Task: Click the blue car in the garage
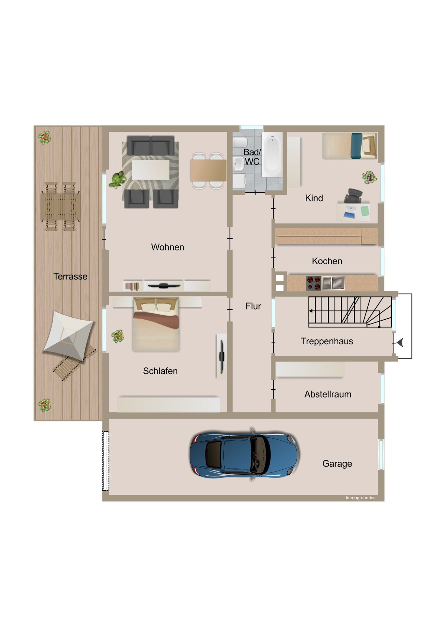pyautogui.click(x=244, y=454)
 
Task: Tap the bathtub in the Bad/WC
pyautogui.click(x=272, y=154)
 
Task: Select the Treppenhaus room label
pyautogui.click(x=327, y=341)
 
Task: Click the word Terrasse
pyautogui.click(x=70, y=276)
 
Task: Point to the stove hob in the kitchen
pyautogui.click(x=314, y=283)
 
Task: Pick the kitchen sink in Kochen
pyautogui.click(x=334, y=283)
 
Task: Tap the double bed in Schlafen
pyautogui.click(x=156, y=324)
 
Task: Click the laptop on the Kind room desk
pyautogui.click(x=350, y=211)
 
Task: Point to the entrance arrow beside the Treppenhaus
pyautogui.click(x=400, y=342)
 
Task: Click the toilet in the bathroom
pyautogui.click(x=240, y=142)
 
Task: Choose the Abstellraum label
pyautogui.click(x=328, y=394)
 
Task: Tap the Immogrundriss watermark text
pyautogui.click(x=360, y=498)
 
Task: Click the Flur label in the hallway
pyautogui.click(x=253, y=306)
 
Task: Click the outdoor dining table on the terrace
pyautogui.click(x=61, y=206)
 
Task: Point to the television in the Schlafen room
pyautogui.click(x=222, y=356)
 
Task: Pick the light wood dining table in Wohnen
pyautogui.click(x=208, y=171)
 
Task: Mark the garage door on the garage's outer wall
pyautogui.click(x=106, y=461)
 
